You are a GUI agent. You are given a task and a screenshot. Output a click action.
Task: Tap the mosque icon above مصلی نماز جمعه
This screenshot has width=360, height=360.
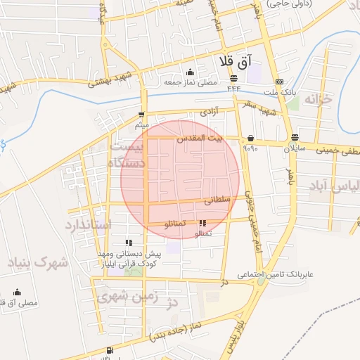point(190,72)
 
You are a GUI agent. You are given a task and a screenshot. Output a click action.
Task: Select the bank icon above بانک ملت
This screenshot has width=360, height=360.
point(280,81)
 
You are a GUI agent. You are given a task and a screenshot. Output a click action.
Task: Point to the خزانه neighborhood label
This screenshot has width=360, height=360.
point(316,101)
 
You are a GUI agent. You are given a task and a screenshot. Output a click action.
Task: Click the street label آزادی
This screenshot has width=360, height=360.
point(210,112)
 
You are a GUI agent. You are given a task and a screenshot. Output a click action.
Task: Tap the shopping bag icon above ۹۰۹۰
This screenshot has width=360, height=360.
point(251,138)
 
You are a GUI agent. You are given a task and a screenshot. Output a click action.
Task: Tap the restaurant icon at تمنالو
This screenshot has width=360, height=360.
point(202,224)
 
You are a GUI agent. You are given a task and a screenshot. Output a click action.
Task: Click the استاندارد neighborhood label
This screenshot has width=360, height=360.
point(88,226)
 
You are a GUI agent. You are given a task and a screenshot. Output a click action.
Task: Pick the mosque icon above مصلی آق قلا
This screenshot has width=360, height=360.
point(17,292)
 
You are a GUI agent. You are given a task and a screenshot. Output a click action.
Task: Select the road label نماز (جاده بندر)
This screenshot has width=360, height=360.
point(176,333)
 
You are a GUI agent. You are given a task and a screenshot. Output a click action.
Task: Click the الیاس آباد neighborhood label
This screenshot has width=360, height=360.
point(333,188)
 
